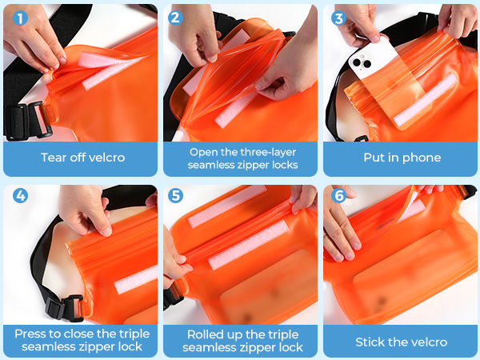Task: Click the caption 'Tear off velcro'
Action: [x=82, y=158]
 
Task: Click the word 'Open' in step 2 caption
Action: [x=203, y=151]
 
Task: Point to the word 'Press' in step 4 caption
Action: [x=31, y=333]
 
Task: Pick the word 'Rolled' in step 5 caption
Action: [x=206, y=333]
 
